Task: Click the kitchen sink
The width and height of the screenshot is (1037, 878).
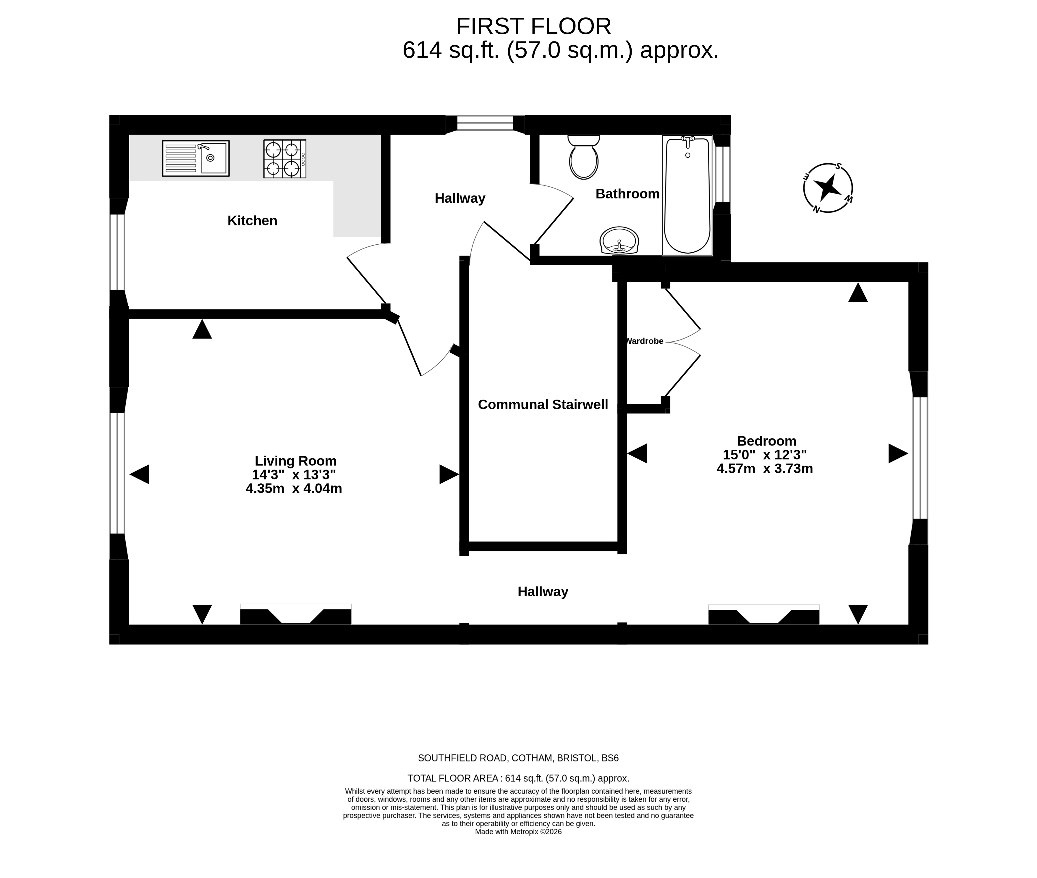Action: (195, 158)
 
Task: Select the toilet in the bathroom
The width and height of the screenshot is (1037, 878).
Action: (584, 157)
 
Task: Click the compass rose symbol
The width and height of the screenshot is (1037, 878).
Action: (828, 188)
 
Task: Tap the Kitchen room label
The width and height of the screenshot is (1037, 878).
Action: (252, 220)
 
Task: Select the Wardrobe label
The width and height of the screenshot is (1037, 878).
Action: (644, 341)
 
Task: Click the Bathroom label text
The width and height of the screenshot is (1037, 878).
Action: (627, 194)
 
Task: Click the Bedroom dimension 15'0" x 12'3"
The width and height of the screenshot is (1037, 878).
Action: (765, 454)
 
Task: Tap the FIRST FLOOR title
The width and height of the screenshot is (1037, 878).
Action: (533, 26)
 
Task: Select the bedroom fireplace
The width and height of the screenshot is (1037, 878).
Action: (764, 615)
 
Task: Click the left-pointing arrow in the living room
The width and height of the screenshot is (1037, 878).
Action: (139, 474)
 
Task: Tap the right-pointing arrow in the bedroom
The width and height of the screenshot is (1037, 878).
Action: (898, 453)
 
